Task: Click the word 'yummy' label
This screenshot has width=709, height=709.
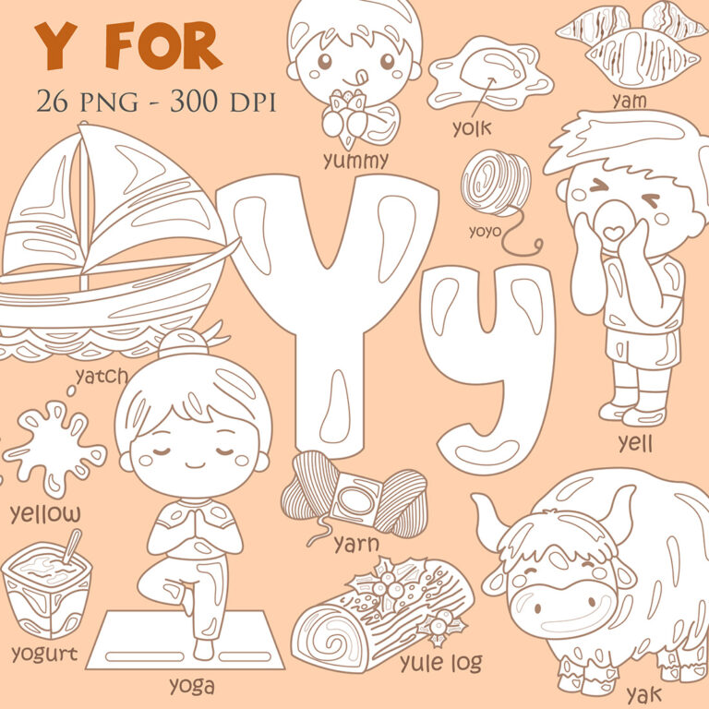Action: (355, 161)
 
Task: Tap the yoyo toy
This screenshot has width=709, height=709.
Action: (496, 184)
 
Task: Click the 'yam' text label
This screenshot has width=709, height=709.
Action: (629, 100)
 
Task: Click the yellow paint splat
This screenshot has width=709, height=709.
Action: (54, 447)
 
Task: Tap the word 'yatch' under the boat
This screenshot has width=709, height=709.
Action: (102, 376)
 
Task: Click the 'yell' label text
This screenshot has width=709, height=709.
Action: (635, 444)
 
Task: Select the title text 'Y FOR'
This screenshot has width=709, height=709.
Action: (127, 46)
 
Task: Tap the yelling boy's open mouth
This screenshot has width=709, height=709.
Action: (612, 231)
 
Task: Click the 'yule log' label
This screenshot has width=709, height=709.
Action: (440, 662)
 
